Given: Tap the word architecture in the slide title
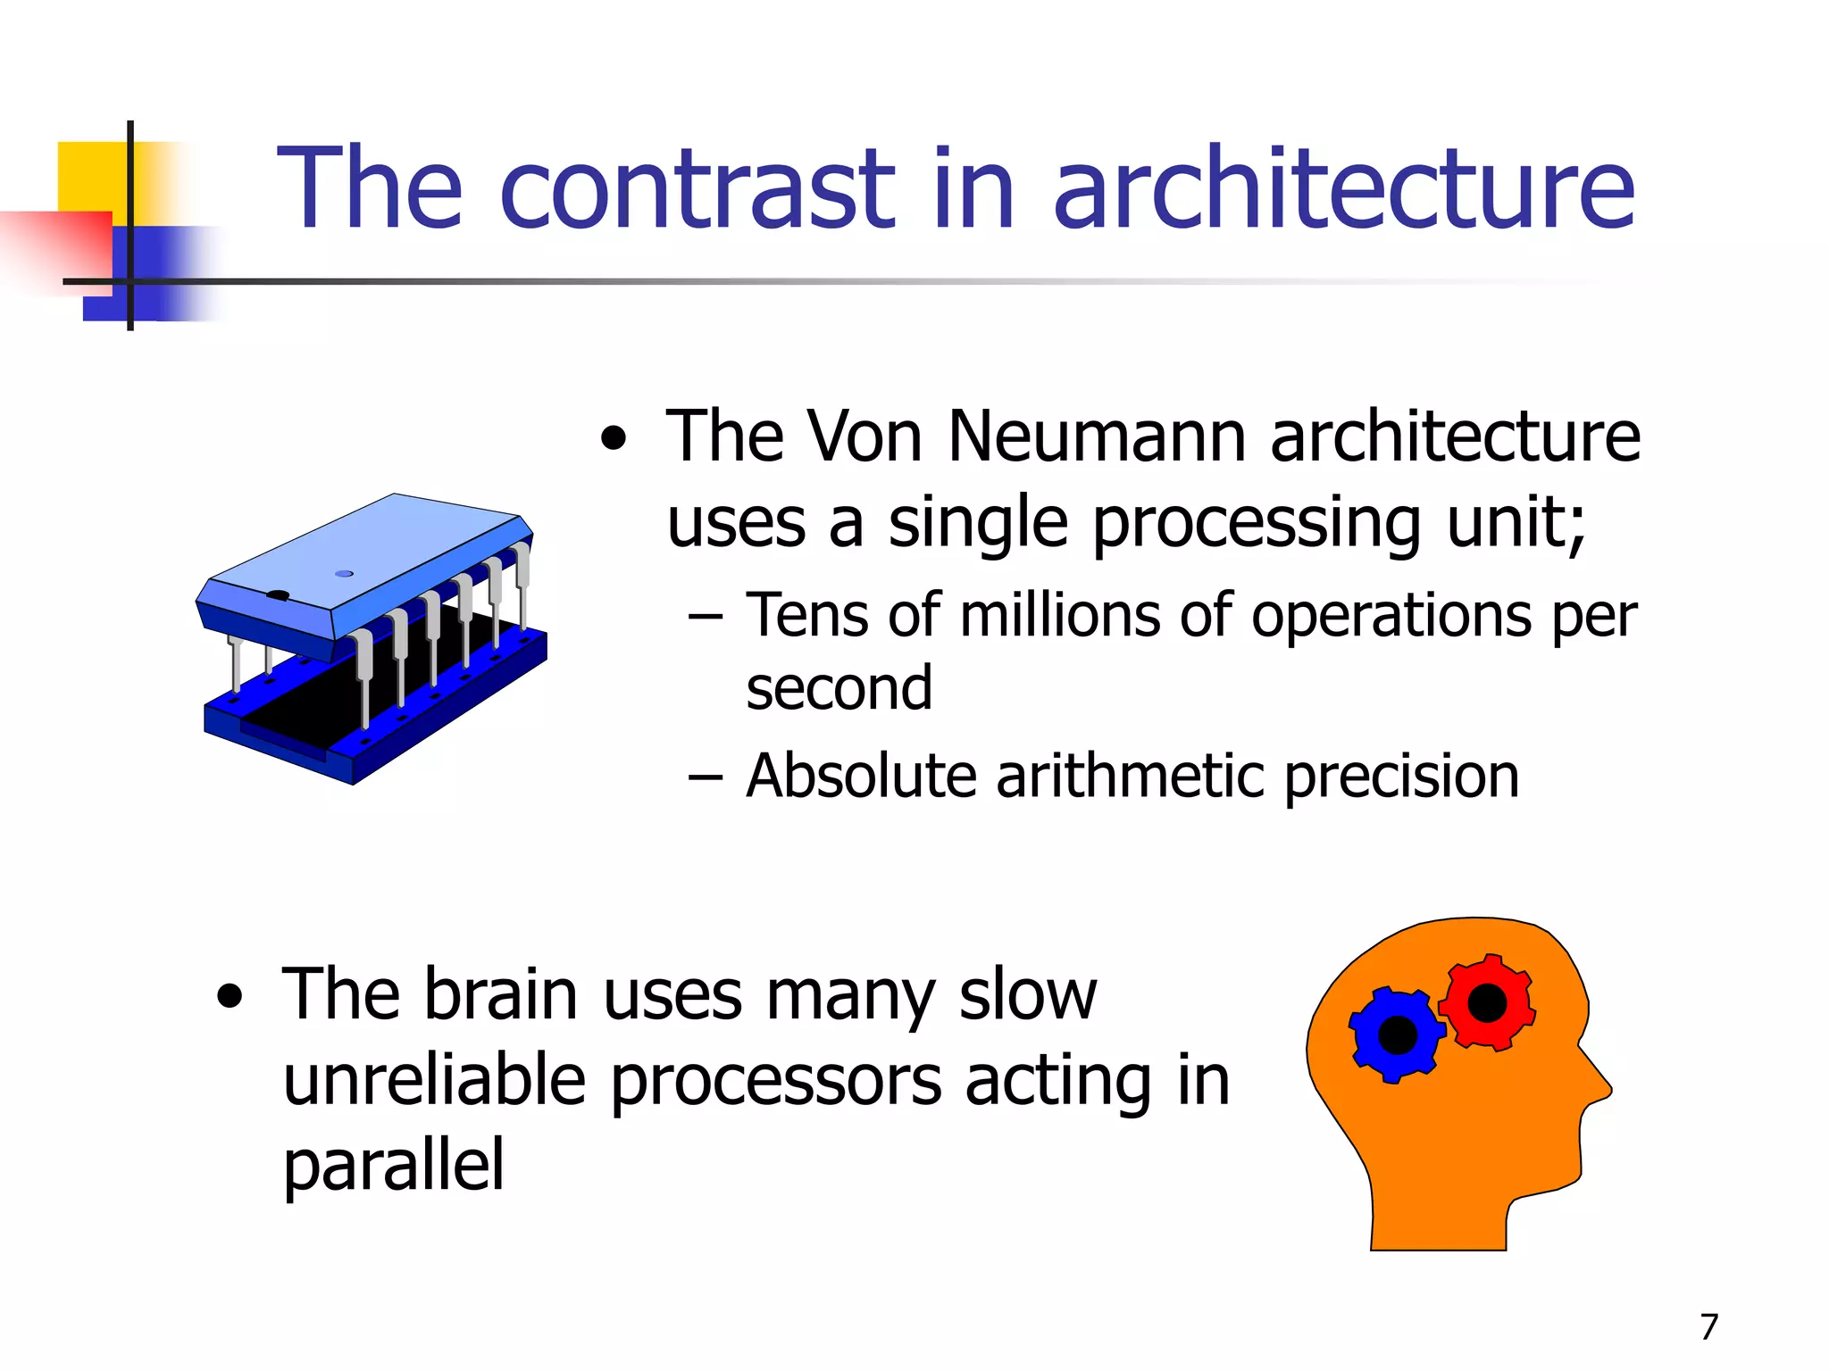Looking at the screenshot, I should [1344, 189].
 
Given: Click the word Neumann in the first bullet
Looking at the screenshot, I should [1097, 437].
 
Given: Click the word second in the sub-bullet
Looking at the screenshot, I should [839, 688].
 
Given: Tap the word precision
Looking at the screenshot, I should [1401, 777].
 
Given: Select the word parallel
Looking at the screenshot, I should [394, 1166].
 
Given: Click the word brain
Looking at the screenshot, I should [500, 995].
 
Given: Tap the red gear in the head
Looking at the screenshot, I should [1487, 1002].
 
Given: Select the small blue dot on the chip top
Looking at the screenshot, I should [344, 574].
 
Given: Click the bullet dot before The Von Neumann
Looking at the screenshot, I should [614, 438].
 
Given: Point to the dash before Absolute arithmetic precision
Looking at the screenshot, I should [705, 777].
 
